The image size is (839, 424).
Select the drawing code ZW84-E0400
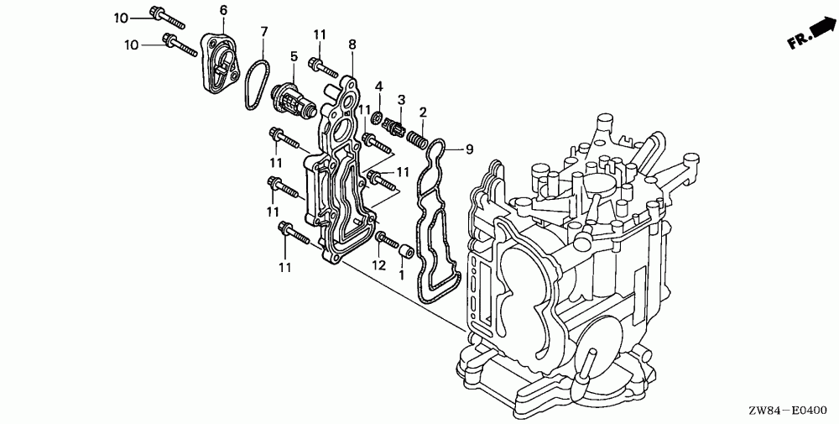790,411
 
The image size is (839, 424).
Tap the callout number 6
223,9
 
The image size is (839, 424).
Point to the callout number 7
263,32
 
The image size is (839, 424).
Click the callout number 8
352,44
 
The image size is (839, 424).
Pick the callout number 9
469,149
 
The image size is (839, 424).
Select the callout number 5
293,55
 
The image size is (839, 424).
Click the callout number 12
379,265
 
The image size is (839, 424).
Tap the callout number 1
401,274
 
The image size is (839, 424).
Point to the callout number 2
423,112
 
